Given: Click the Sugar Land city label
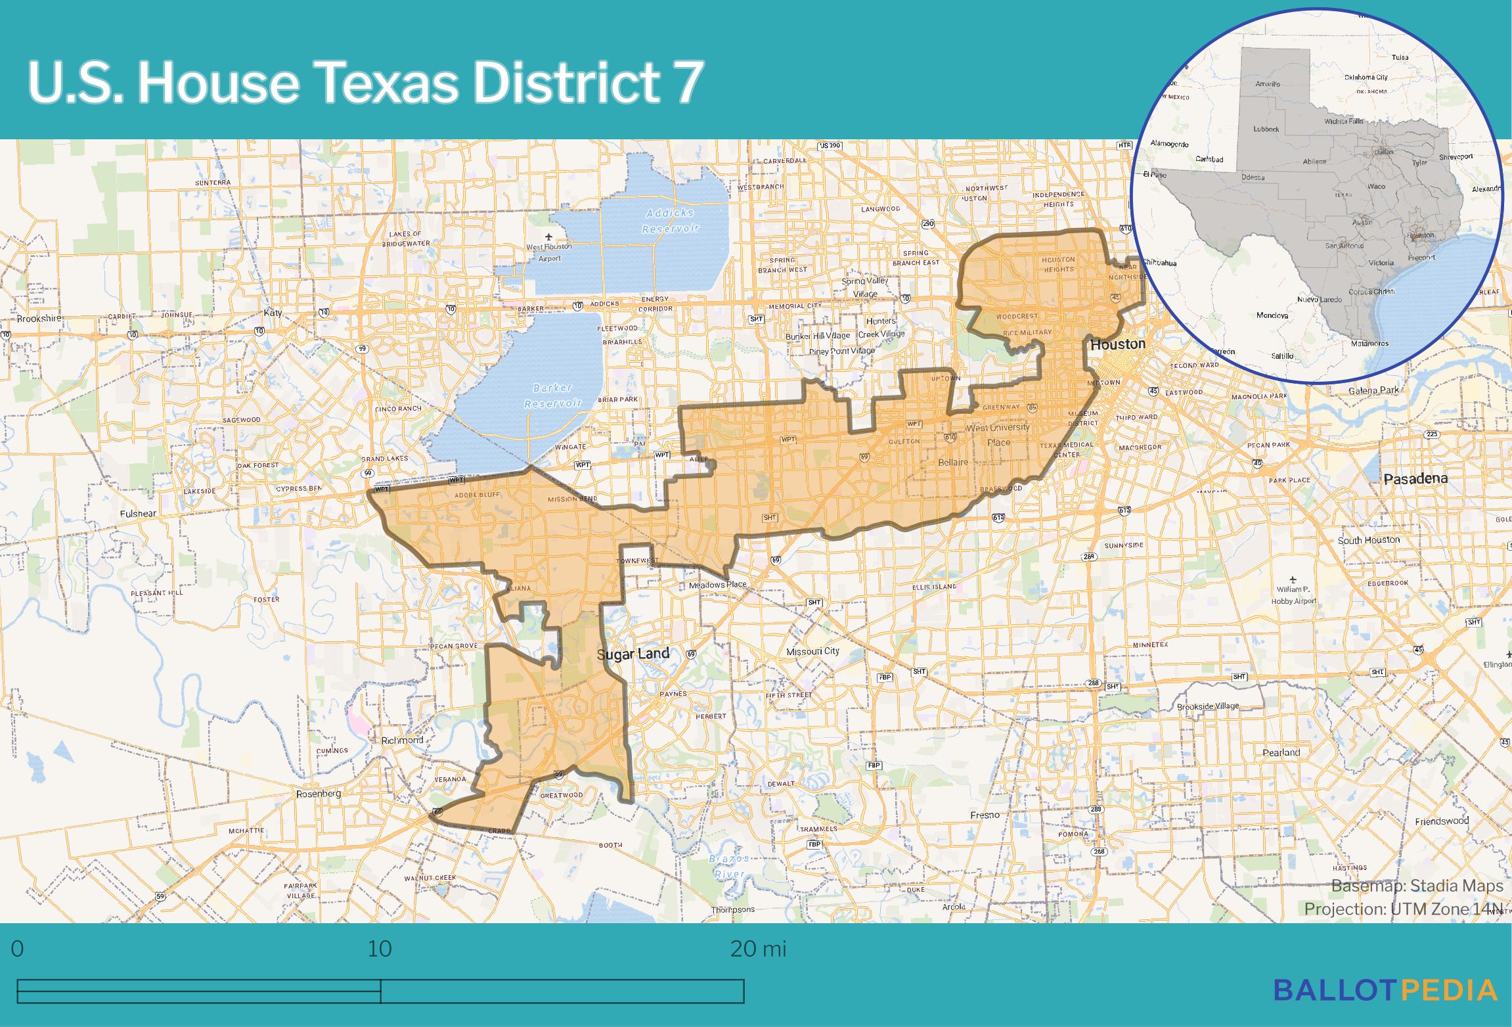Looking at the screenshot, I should tap(633, 654).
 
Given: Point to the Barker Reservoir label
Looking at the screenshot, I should tap(553, 396).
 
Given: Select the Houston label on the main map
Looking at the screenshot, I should tap(1117, 344).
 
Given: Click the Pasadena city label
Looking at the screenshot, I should tap(1415, 479).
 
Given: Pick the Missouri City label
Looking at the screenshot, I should tap(812, 651).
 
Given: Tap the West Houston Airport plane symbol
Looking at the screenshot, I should tap(549, 236).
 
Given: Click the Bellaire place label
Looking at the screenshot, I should tap(952, 463).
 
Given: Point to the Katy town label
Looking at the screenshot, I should tap(273, 313).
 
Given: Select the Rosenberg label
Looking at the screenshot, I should tap(319, 794).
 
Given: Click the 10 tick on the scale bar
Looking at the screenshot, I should tap(380, 949).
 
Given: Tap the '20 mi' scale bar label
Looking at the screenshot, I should tap(758, 949).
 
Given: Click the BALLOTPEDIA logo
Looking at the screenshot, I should tap(1385, 990).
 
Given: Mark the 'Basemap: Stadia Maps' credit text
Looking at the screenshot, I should tap(1417, 886).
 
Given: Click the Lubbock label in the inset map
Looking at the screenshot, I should tap(1266, 129).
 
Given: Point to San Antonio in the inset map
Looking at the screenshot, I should tap(1344, 246).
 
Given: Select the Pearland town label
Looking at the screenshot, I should tap(1281, 752).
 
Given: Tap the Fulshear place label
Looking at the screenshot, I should tap(138, 514).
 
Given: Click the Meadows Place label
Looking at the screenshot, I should tap(717, 585).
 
